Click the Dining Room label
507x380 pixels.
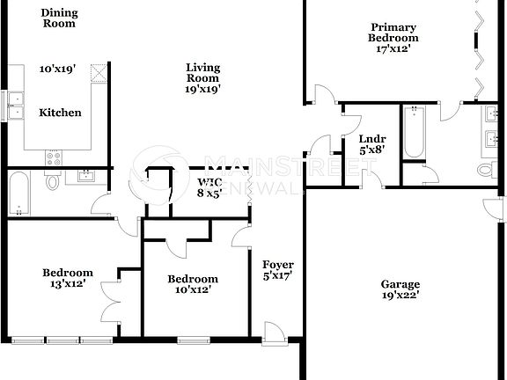(59, 18)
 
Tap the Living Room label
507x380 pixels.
(202, 77)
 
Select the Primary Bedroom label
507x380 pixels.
(393, 38)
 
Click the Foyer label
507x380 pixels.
(278, 269)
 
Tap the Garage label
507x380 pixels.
(400, 284)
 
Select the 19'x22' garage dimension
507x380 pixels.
(400, 296)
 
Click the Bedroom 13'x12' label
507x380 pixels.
(68, 278)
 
